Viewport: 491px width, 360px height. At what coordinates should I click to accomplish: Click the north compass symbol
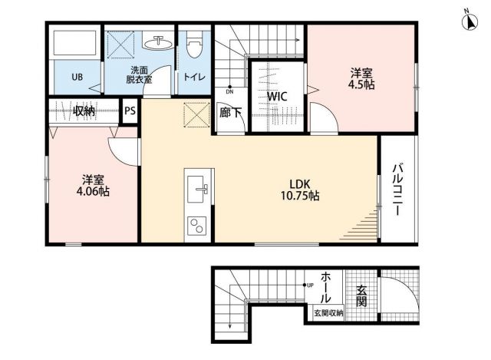click(x=468, y=21)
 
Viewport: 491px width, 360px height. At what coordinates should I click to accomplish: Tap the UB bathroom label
click(x=77, y=77)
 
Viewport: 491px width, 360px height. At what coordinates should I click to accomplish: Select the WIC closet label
click(x=277, y=97)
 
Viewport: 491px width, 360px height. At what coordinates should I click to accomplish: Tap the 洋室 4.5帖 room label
click(x=361, y=79)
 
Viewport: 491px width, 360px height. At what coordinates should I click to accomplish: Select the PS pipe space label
click(x=130, y=111)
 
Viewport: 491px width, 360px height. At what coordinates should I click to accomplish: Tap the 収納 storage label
click(x=84, y=111)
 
